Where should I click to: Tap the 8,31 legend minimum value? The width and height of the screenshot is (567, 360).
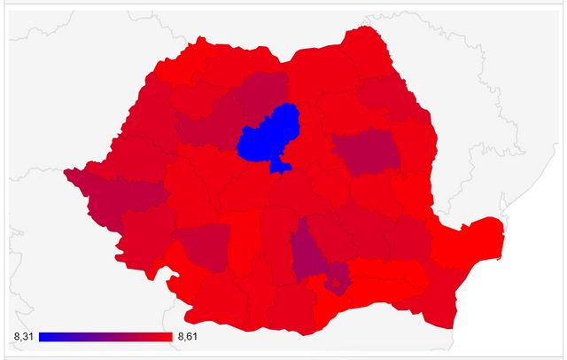24,337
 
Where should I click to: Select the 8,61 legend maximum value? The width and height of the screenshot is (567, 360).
188,337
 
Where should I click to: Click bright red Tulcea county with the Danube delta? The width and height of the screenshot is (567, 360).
474,237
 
